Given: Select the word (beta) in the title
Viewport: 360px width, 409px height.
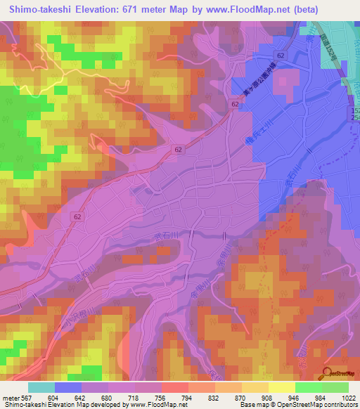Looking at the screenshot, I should click(x=303, y=9).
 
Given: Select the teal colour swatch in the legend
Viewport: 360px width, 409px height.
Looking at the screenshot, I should click(x=41, y=387).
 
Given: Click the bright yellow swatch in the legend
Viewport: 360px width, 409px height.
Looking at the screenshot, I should click(x=282, y=387).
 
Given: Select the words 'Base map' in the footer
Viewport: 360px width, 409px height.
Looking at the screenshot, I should click(x=252, y=405).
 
